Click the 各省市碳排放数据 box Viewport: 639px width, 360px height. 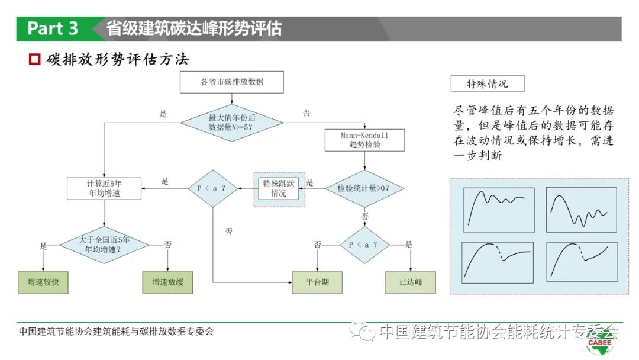(x=231, y=82)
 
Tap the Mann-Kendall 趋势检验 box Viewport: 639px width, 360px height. (x=364, y=140)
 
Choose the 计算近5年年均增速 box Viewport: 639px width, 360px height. (x=104, y=188)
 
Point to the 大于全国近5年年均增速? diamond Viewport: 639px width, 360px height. (x=104, y=244)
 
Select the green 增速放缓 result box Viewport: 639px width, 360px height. (x=168, y=282)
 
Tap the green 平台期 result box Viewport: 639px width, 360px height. (x=317, y=282)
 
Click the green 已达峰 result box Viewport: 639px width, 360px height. (x=410, y=282)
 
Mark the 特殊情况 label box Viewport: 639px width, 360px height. (x=487, y=83)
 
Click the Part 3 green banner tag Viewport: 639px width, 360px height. (x=53, y=28)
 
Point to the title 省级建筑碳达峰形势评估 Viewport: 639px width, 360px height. (x=194, y=28)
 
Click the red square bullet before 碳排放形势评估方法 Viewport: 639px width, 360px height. (x=34, y=60)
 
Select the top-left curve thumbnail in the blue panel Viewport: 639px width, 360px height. (x=498, y=207)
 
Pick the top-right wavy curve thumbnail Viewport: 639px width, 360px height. (x=581, y=207)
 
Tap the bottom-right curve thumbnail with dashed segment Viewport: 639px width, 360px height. (x=581, y=261)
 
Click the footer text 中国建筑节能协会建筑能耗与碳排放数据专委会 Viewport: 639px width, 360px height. (x=116, y=332)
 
